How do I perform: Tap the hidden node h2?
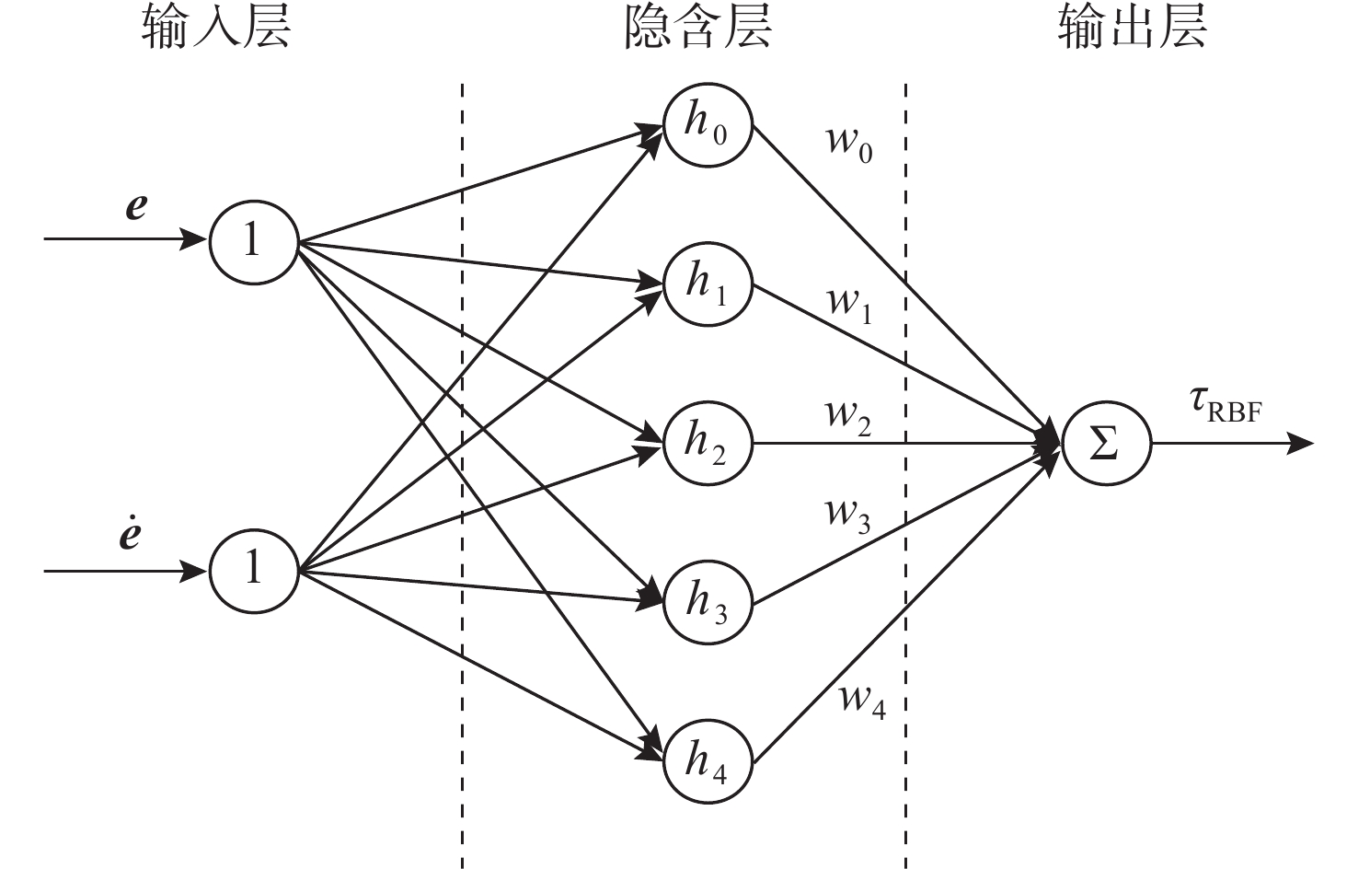pyautogui.click(x=708, y=443)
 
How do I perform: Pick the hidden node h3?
pyautogui.click(x=708, y=603)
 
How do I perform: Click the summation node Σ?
pyautogui.click(x=1106, y=444)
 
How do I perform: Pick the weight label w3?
pyautogui.click(x=847, y=513)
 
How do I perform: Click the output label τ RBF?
pyautogui.click(x=1225, y=404)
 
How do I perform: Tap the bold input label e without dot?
pyautogui.click(x=136, y=206)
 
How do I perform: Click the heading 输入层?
pyautogui.click(x=216, y=28)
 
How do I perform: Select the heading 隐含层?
pyautogui.click(x=697, y=28)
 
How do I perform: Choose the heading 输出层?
pyautogui.click(x=1131, y=28)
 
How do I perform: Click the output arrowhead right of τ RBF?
pyautogui.click(x=1300, y=444)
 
